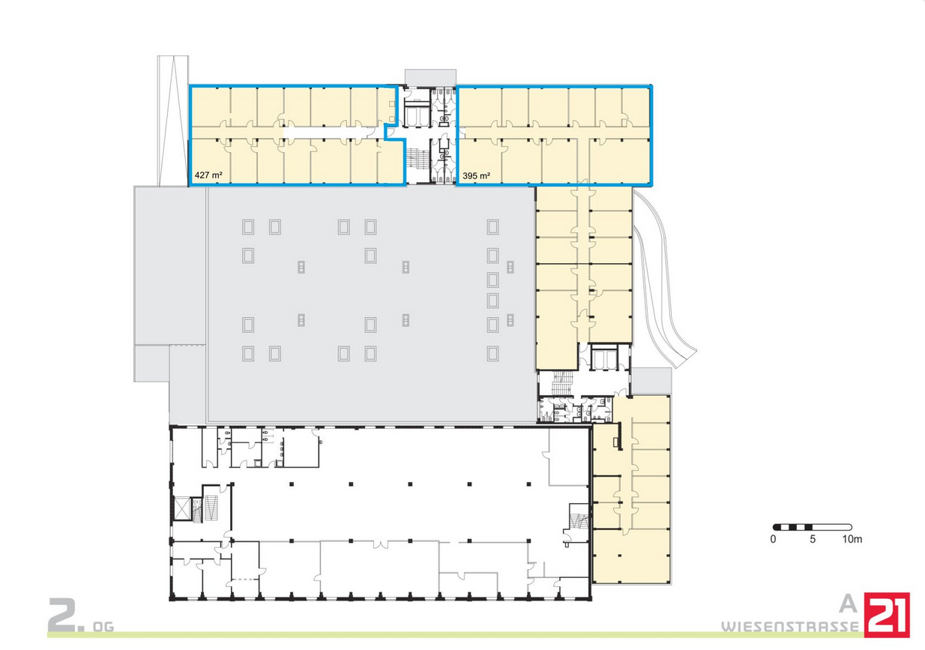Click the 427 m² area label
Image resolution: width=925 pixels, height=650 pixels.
(208, 175)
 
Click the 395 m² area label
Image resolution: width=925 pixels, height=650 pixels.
(476, 176)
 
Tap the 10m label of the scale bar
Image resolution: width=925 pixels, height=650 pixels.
(852, 539)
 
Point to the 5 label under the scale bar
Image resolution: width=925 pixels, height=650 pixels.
(813, 539)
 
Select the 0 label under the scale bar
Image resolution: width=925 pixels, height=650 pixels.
(773, 539)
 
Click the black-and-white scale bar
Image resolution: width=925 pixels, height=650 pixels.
(813, 527)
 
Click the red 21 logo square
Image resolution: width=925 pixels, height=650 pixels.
(887, 615)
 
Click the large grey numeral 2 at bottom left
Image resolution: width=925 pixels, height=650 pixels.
(62, 615)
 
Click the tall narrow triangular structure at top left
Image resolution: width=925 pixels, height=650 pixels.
(172, 121)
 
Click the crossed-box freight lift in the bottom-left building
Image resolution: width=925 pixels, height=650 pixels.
(182, 508)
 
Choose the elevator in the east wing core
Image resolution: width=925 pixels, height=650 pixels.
(604, 357)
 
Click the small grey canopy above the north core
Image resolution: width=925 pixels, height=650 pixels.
(430, 78)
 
